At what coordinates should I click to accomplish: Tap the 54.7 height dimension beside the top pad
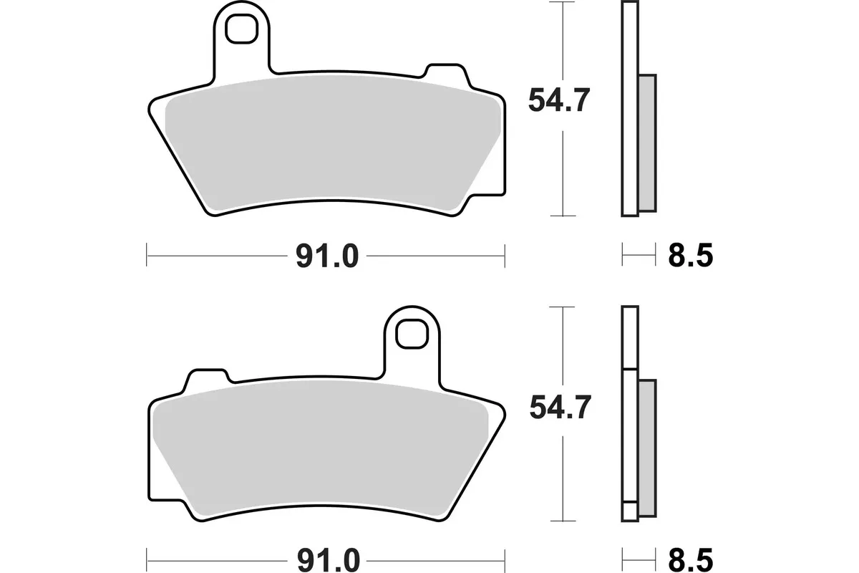[x=558, y=101]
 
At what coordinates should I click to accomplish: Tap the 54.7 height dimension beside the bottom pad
[x=558, y=408]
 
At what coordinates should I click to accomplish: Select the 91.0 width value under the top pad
[x=326, y=256]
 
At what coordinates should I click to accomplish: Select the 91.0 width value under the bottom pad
[x=326, y=558]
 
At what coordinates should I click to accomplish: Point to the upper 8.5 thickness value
[x=689, y=256]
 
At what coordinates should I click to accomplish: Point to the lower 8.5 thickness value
[x=689, y=558]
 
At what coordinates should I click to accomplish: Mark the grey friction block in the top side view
[x=646, y=143]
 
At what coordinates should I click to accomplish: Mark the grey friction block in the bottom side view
[x=646, y=448]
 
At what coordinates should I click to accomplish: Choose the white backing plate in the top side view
[x=629, y=107]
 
